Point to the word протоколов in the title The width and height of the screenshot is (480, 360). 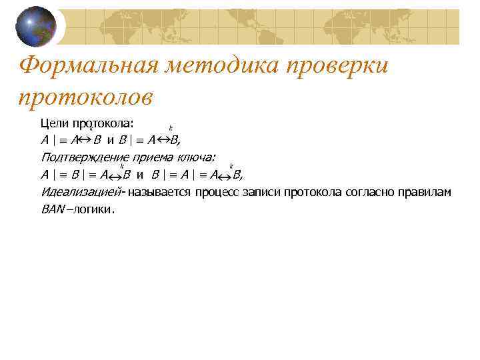pyautogui.click(x=86, y=97)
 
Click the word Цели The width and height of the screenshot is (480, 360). pyautogui.click(x=54, y=123)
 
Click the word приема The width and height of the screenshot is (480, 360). pyautogui.click(x=153, y=158)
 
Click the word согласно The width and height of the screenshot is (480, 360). pyautogui.click(x=371, y=193)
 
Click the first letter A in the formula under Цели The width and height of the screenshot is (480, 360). pyautogui.click(x=44, y=141)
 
